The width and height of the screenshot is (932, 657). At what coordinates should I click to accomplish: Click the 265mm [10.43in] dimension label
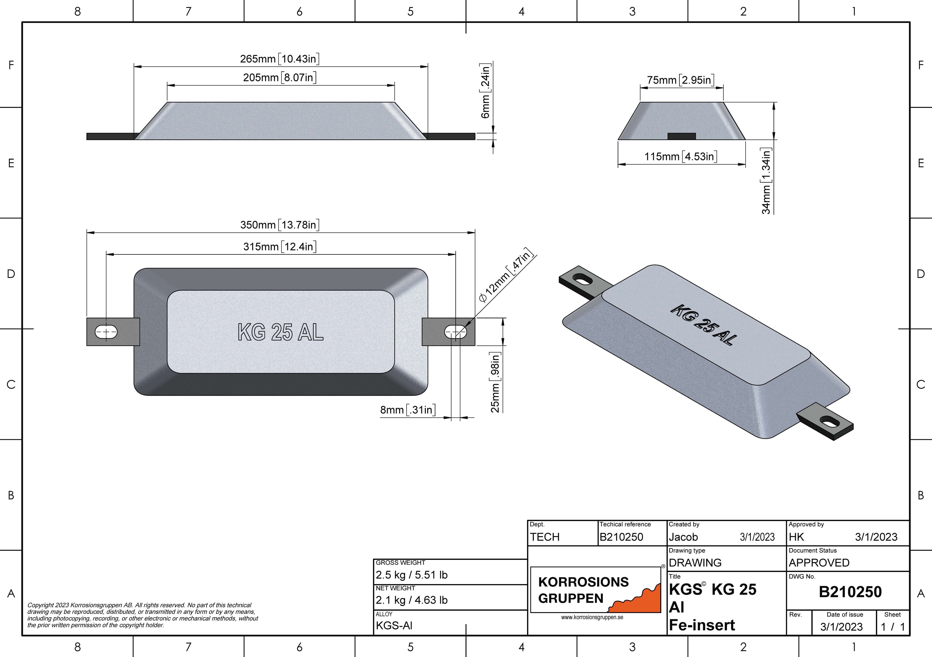point(280,59)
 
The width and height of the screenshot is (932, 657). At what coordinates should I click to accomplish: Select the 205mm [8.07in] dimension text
point(280,78)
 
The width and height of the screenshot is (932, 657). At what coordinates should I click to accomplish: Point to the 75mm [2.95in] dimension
point(681,80)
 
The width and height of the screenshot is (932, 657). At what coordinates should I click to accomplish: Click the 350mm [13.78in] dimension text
point(280,225)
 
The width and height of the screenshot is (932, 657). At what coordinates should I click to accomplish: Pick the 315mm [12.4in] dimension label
point(280,246)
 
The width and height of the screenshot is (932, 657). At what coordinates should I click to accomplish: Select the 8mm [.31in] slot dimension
point(408,410)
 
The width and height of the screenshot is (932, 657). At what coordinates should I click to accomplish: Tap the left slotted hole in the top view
point(106,332)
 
